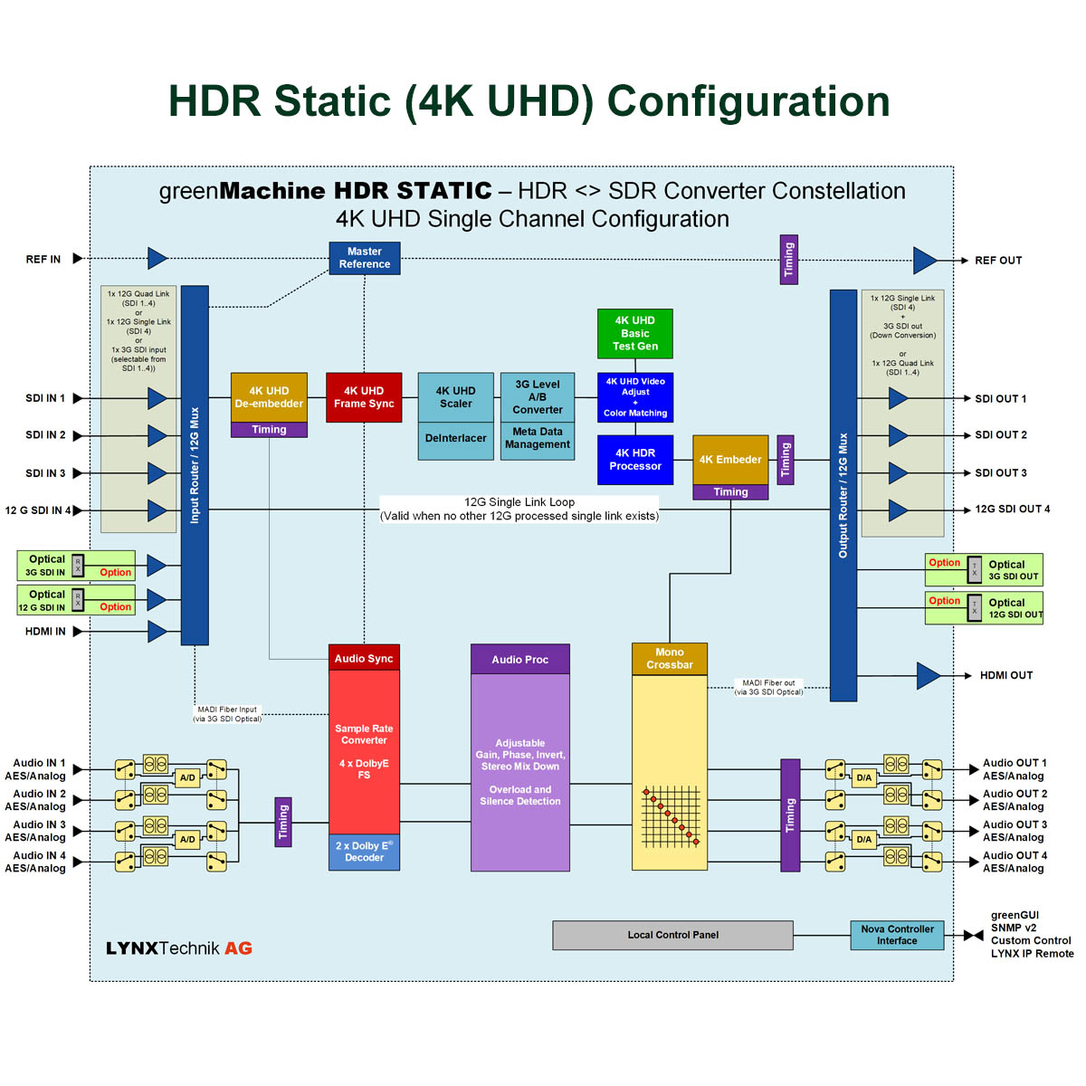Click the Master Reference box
(364, 258)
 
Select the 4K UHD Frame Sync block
(364, 397)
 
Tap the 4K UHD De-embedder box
(269, 397)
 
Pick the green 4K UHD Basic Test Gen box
(634, 333)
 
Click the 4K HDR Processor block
(634, 460)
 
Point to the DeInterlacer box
(455, 439)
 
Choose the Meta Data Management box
(538, 439)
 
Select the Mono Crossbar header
(669, 659)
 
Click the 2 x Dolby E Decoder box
(364, 853)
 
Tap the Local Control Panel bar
(672, 935)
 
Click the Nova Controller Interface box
(897, 935)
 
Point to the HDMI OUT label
(1005, 675)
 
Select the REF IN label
(43, 260)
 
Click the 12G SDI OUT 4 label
(1012, 510)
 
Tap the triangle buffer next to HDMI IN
(157, 631)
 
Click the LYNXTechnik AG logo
(179, 948)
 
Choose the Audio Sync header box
(364, 659)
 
